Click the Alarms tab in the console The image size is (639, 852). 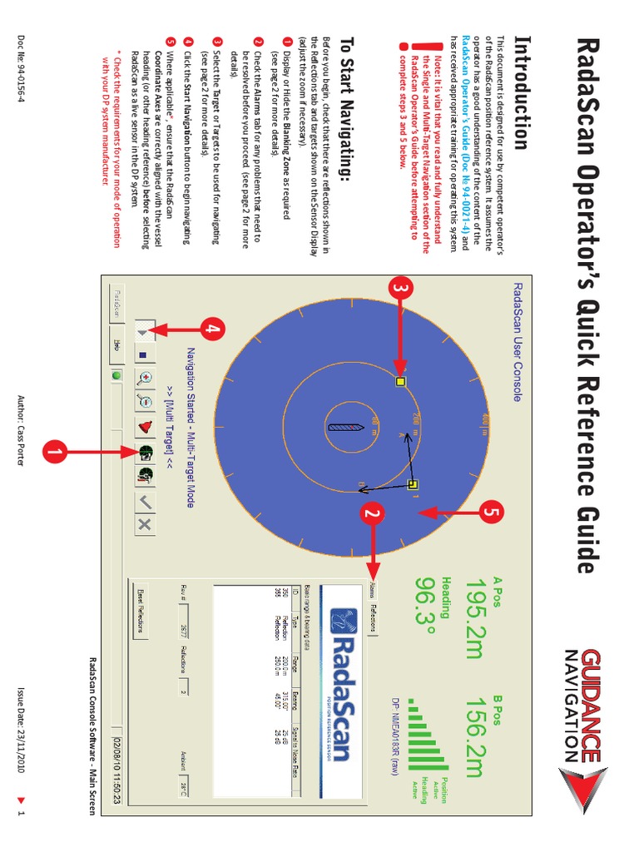[372, 591]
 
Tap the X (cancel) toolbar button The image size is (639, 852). [143, 523]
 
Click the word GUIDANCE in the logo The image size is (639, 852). [590, 705]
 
